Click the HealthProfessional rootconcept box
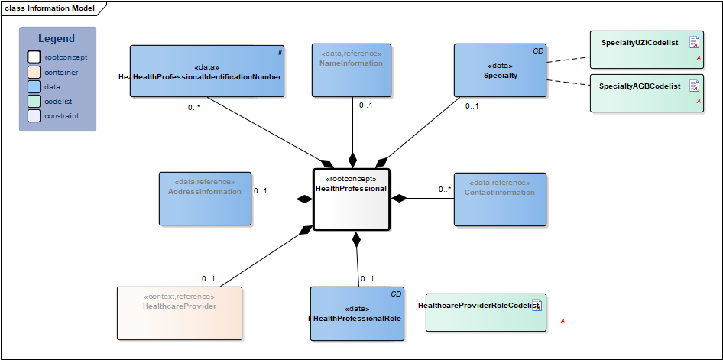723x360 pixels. tap(352, 199)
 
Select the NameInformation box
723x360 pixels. tap(352, 70)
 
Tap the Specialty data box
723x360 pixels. tap(500, 70)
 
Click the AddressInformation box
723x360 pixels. tap(205, 198)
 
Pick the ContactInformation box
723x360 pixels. tap(500, 199)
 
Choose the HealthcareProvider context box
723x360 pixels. tap(179, 313)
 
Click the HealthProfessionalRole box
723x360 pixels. tap(357, 313)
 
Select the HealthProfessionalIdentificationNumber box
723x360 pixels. tap(207, 71)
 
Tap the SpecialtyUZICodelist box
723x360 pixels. tap(647, 49)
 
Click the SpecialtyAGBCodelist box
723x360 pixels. tap(647, 93)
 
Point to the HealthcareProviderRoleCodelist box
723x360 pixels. tap(485, 312)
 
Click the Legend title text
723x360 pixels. tap(57, 39)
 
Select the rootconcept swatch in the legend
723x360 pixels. tap(34, 57)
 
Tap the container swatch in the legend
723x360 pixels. tap(34, 73)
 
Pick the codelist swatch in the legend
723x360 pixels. tap(34, 102)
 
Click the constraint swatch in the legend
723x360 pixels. tap(34, 116)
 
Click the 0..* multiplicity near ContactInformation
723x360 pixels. tap(445, 189)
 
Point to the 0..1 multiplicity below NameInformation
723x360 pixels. tap(366, 105)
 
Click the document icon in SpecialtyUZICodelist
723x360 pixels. tap(695, 42)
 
